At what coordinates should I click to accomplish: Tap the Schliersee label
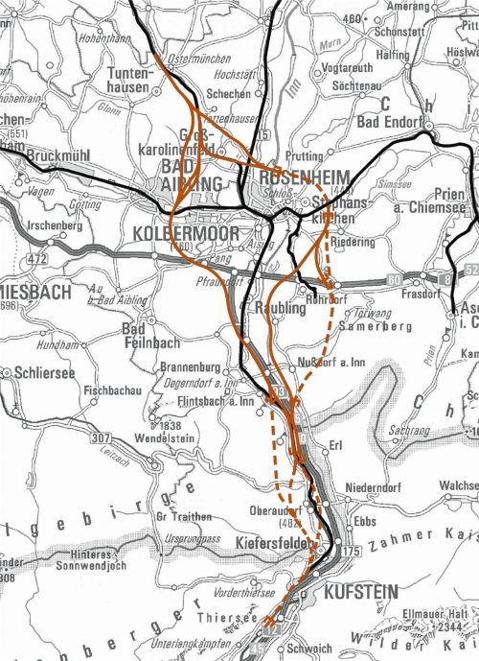pyautogui.click(x=47, y=371)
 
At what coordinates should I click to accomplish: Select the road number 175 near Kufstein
pyautogui.click(x=349, y=553)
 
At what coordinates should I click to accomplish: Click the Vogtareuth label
pyautogui.click(x=348, y=69)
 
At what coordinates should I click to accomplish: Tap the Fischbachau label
pyautogui.click(x=114, y=390)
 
